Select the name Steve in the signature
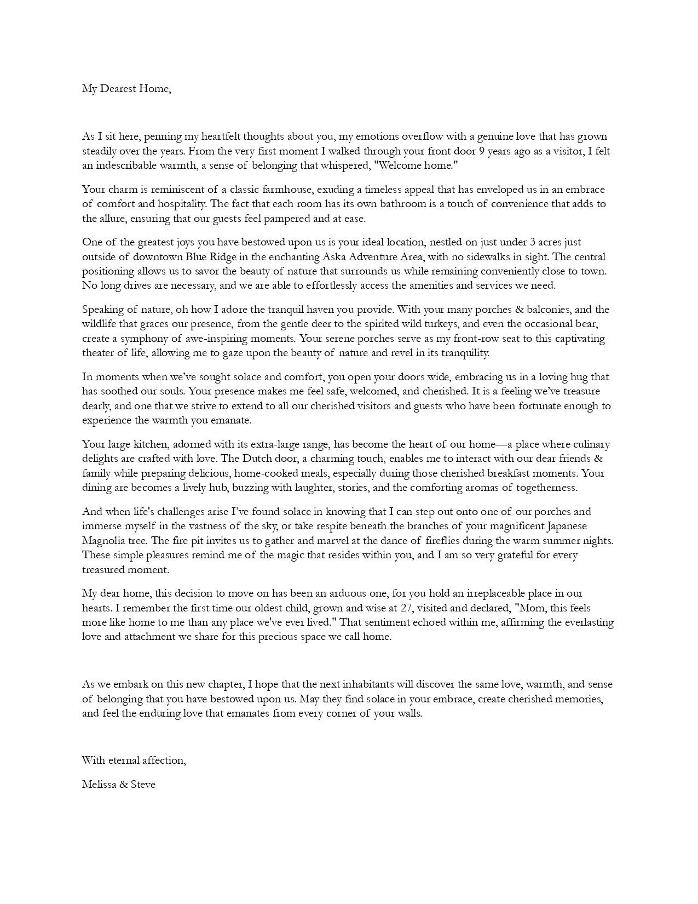[x=143, y=785]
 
